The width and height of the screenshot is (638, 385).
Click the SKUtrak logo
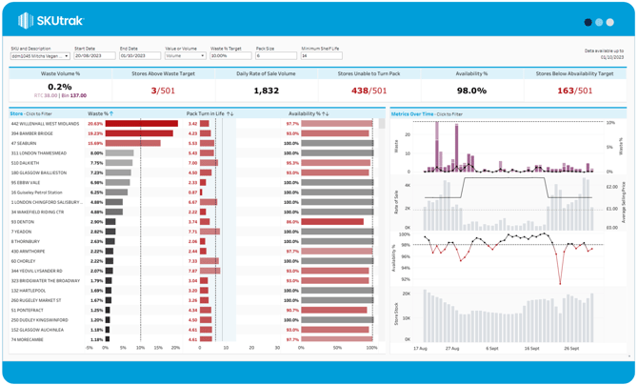coord(50,21)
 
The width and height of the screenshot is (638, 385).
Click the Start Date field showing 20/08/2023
coord(94,56)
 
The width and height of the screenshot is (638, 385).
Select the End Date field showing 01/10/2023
coord(139,56)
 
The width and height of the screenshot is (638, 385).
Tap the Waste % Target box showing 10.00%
coord(229,56)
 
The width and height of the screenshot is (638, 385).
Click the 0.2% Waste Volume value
coord(59,87)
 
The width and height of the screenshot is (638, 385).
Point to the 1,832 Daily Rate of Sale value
coord(266,91)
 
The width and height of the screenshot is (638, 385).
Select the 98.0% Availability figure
coord(470,91)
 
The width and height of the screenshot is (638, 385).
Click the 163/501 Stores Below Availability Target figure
coord(574,91)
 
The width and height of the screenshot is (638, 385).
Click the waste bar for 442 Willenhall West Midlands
coord(141,124)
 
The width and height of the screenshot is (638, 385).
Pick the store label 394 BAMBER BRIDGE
coord(32,133)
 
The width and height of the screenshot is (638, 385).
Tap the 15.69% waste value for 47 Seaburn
coord(95,144)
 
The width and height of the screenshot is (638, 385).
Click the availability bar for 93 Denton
coord(332,222)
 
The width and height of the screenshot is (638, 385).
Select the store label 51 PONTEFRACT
coord(29,310)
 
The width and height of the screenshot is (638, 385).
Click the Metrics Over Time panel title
coord(411,113)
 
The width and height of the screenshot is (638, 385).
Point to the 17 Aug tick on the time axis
coord(421,349)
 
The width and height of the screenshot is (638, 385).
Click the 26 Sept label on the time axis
coord(570,349)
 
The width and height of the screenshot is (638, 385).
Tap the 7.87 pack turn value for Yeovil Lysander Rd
coord(192,271)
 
